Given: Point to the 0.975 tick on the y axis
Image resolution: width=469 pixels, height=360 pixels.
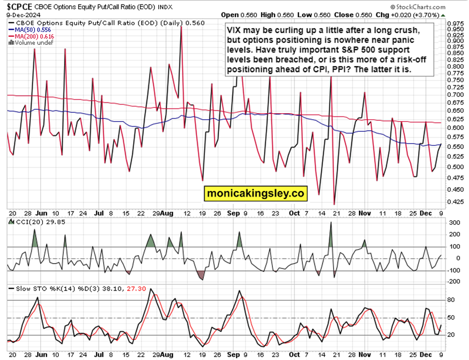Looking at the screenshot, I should pyautogui.click(x=455, y=23).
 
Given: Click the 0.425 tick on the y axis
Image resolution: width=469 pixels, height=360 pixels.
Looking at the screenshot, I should pyautogui.click(x=455, y=202).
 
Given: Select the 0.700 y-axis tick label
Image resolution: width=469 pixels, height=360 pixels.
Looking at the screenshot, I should pyautogui.click(x=455, y=95).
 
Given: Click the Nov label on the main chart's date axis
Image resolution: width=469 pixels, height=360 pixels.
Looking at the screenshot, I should pyautogui.click(x=365, y=213).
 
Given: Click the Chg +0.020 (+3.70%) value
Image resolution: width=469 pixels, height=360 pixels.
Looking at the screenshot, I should pyautogui.click(x=427, y=15).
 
